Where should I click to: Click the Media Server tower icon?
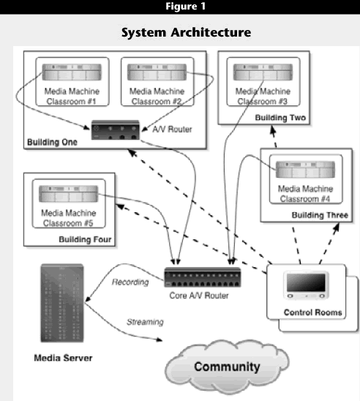pyautogui.click(x=62, y=303)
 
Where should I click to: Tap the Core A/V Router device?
pyautogui.click(x=203, y=277)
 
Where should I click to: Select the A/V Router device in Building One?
pyautogui.click(x=116, y=130)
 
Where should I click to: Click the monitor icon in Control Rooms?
pyautogui.click(x=306, y=285)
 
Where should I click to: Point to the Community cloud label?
pyautogui.click(x=227, y=367)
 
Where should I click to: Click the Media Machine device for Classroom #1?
pyautogui.click(x=72, y=72)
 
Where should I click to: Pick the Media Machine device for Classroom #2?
pyautogui.click(x=157, y=72)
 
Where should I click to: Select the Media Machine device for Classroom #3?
pyautogui.click(x=263, y=72)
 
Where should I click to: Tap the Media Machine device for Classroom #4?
pyautogui.click(x=305, y=169)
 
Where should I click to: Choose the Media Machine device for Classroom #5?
pyautogui.click(x=69, y=194)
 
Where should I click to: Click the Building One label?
pyautogui.click(x=52, y=142)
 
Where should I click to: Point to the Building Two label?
pyautogui.click(x=280, y=118)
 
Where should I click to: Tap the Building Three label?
pyautogui.click(x=320, y=215)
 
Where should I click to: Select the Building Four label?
pyautogui.click(x=85, y=239)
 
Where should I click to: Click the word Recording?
pyautogui.click(x=130, y=282)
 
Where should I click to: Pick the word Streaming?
pyautogui.click(x=145, y=322)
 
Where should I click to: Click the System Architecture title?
pyautogui.click(x=186, y=32)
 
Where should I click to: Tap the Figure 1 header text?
pyautogui.click(x=186, y=6)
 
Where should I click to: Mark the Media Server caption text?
pyautogui.click(x=63, y=358)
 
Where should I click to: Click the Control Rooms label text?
pyautogui.click(x=312, y=312)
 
